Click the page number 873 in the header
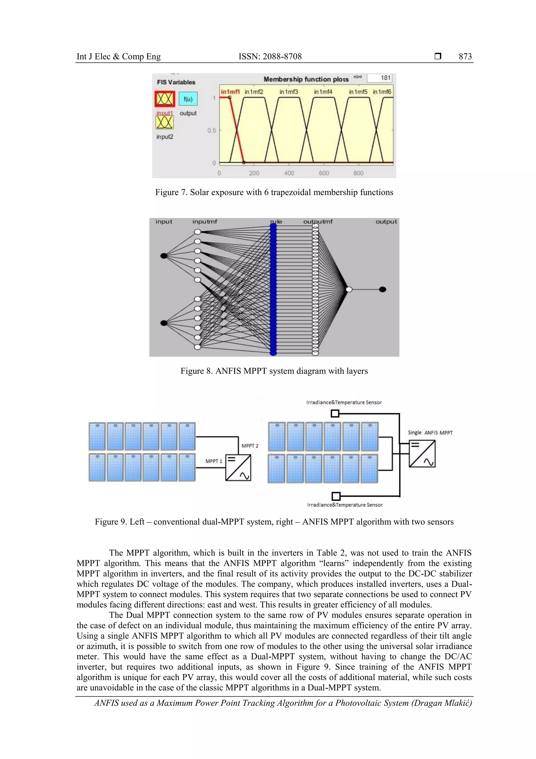coord(465,57)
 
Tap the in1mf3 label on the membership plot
coord(289,92)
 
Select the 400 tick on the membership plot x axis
coord(289,173)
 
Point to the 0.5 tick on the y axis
coord(212,130)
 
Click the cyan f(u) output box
coord(188,99)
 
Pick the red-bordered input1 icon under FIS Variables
coord(164,99)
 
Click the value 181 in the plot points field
coord(385,78)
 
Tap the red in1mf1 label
coord(230,92)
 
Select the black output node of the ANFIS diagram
coord(382,290)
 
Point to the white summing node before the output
coord(349,290)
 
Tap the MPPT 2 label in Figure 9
coord(250,446)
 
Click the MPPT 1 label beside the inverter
coord(214,461)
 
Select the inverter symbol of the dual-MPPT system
coord(238,467)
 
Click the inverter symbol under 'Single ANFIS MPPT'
coord(422,454)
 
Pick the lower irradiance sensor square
coord(336,496)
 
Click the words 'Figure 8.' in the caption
coord(197,371)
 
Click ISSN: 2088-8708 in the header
coord(270,57)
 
